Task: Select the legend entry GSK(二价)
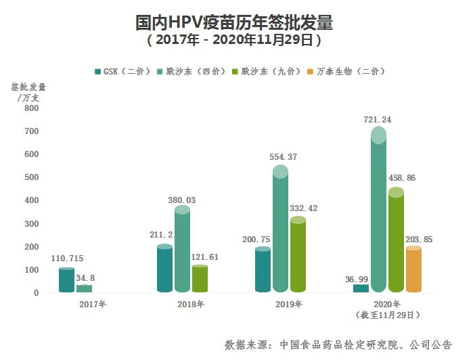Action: [x=121, y=71]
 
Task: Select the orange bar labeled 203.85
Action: [x=413, y=271]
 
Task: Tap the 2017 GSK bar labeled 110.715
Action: [x=66, y=281]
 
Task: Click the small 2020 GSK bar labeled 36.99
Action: [x=361, y=289]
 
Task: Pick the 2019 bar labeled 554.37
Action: [x=281, y=230]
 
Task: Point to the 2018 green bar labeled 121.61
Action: [x=200, y=279]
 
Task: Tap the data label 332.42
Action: [x=302, y=208]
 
